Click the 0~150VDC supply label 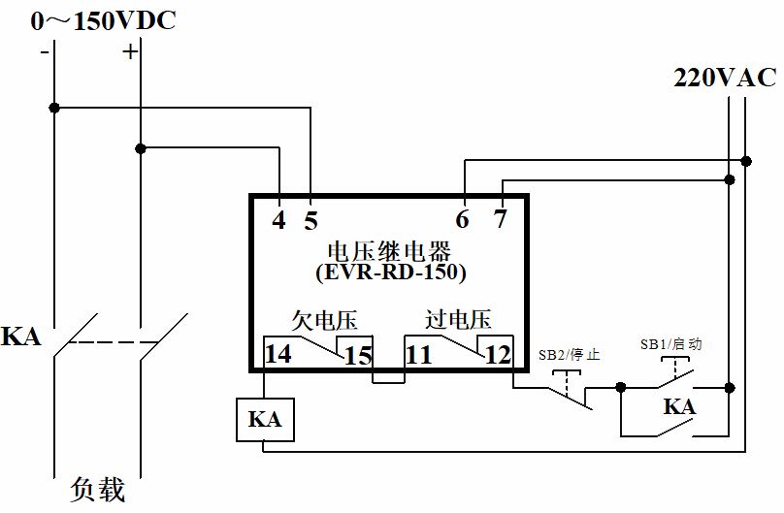(104, 19)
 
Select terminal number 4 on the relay (278, 220)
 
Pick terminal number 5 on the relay (310, 221)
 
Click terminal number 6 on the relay (463, 220)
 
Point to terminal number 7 (500, 219)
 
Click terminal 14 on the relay (278, 354)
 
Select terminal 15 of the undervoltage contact (358, 356)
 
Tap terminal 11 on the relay (418, 354)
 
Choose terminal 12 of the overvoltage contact (497, 354)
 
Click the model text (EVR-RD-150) (391, 273)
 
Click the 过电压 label (458, 319)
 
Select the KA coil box (265, 419)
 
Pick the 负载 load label (98, 490)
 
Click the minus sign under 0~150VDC (45, 52)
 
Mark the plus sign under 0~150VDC (130, 52)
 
